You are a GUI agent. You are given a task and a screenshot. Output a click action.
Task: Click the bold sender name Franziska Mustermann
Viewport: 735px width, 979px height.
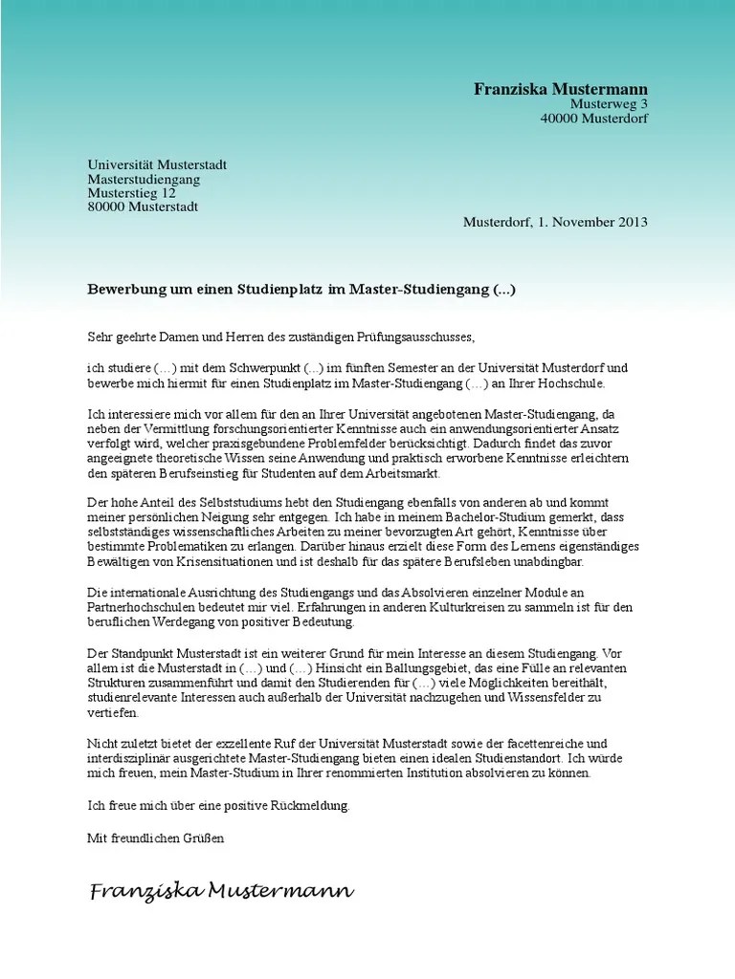click(x=561, y=89)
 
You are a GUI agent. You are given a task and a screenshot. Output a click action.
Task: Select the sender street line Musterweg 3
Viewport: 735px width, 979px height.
click(x=609, y=104)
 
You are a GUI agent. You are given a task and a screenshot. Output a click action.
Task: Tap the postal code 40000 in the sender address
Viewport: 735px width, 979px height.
click(x=560, y=119)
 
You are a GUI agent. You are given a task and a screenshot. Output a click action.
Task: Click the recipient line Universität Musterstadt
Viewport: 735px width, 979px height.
click(x=157, y=164)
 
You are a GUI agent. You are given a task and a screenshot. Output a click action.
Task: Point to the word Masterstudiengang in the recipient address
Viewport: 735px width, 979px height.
click(x=144, y=179)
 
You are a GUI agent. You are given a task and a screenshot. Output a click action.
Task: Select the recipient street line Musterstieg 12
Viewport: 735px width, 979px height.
click(x=132, y=192)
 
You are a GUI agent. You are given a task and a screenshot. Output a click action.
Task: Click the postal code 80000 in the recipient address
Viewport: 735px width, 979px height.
click(x=106, y=207)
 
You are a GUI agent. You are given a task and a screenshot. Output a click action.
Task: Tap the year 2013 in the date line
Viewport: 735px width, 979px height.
click(x=632, y=222)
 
